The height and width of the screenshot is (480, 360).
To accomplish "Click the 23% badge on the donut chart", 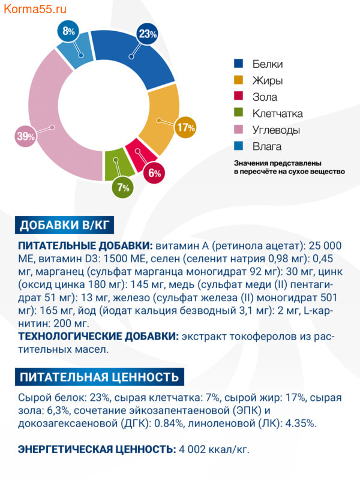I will click(148, 34).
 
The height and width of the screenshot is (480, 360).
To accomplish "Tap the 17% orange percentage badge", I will click(186, 127).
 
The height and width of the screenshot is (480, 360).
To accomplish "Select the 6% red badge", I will click(155, 173).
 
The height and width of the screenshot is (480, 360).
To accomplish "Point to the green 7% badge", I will click(124, 187).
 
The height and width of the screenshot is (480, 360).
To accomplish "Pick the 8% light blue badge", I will click(68, 32).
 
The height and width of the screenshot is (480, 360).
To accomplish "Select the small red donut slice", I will click(136, 157).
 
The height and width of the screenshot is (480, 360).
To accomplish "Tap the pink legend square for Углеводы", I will click(239, 130).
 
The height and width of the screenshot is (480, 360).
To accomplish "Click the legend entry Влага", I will click(266, 146).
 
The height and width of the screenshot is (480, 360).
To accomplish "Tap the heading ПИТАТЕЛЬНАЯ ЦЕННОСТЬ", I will click(99, 377).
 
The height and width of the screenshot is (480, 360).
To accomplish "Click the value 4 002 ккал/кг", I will click(215, 449).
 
